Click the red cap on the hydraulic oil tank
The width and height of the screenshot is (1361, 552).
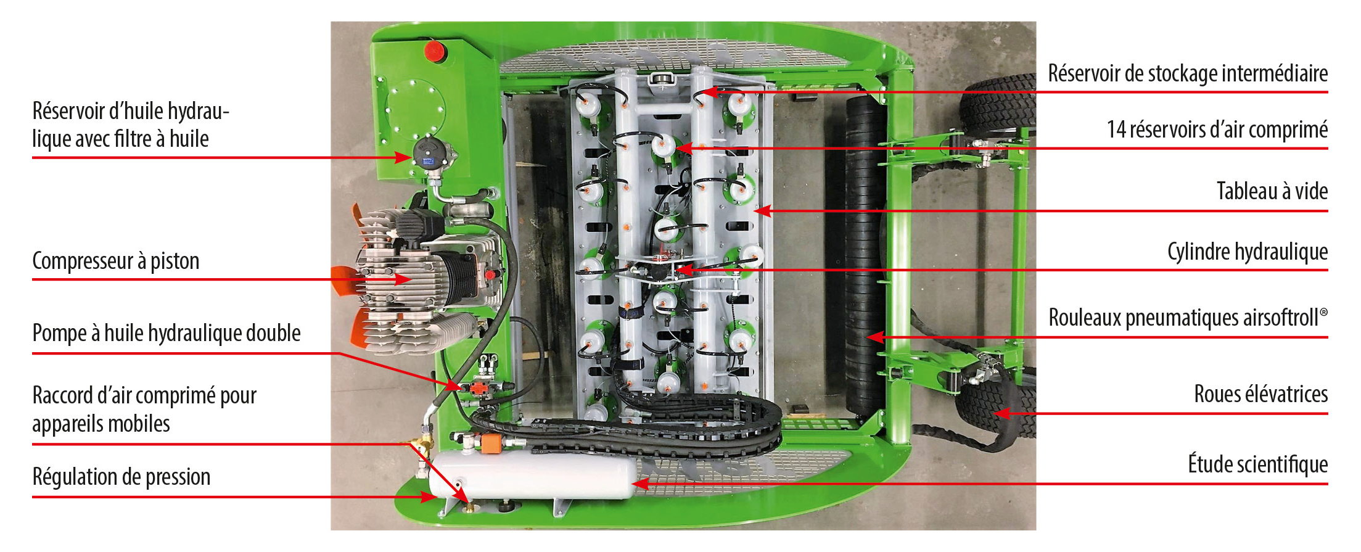[x=435, y=51]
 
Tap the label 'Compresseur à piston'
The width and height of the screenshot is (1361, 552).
[x=116, y=261]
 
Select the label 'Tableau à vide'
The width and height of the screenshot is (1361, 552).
[x=1272, y=191]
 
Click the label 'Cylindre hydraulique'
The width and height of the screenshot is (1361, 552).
[x=1248, y=252]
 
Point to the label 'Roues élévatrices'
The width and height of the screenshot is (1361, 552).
[x=1261, y=393]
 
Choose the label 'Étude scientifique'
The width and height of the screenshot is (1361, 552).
[x=1258, y=464]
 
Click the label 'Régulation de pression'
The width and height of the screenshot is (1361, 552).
[x=121, y=477]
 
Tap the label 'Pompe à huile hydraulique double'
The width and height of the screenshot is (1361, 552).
[x=167, y=333]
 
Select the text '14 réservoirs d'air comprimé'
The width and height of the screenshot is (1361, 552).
[x=1217, y=130]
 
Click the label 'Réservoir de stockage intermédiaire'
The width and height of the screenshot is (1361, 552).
[x=1188, y=73]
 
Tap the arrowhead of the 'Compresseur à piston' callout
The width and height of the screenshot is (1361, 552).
[x=403, y=279]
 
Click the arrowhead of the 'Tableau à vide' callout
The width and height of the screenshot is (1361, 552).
[x=763, y=211]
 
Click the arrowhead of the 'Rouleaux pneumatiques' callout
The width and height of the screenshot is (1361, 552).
[x=876, y=337]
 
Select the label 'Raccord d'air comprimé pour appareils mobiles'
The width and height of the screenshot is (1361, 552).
[x=144, y=410]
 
